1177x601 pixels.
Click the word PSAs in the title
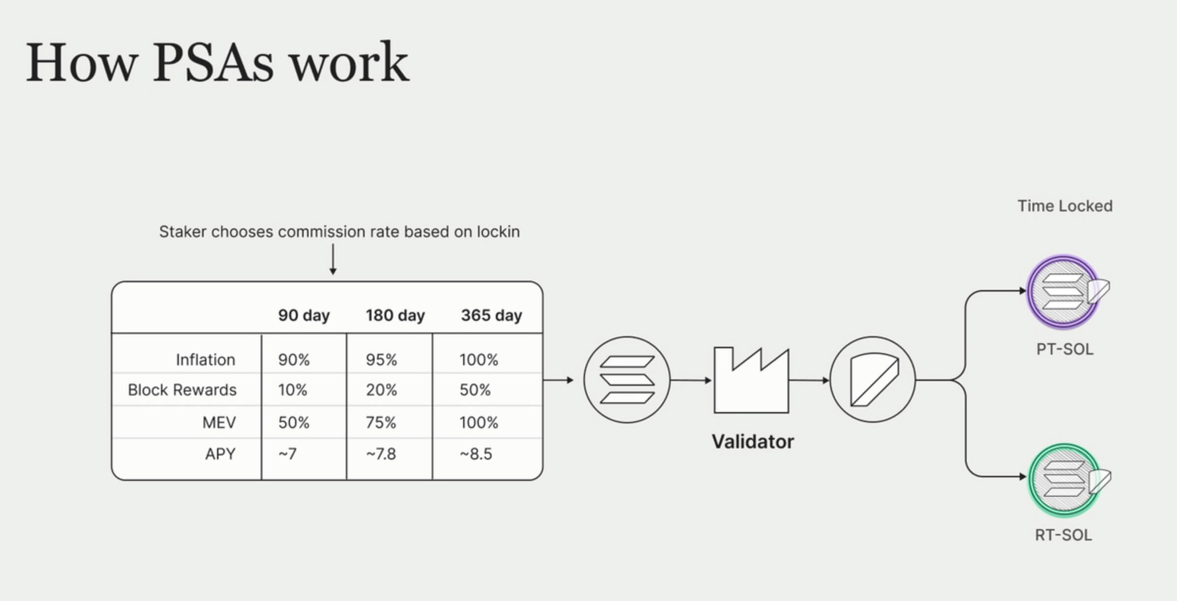pos(213,63)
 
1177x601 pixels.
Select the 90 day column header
pos(304,315)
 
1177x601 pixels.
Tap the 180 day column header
pos(395,315)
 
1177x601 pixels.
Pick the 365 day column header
pos(491,315)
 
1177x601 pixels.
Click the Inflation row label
pos(206,360)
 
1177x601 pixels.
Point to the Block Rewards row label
pos(182,390)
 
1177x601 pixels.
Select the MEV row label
pos(219,422)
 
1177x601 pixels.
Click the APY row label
pos(220,454)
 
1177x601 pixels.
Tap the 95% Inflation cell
pos(381,360)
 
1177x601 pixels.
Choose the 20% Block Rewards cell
pos(381,390)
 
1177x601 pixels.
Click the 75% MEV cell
pos(381,422)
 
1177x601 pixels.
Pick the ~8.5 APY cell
pos(476,454)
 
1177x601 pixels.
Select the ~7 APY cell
pos(288,454)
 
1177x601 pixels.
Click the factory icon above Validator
pos(751,380)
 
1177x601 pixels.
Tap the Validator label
pos(753,442)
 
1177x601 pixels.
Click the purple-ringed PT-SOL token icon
pos(1067,292)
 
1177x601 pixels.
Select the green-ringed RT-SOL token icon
pos(1068,481)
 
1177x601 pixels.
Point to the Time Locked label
pos(1065,206)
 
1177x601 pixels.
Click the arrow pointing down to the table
pos(333,259)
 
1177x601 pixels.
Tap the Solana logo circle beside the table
pos(627,380)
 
